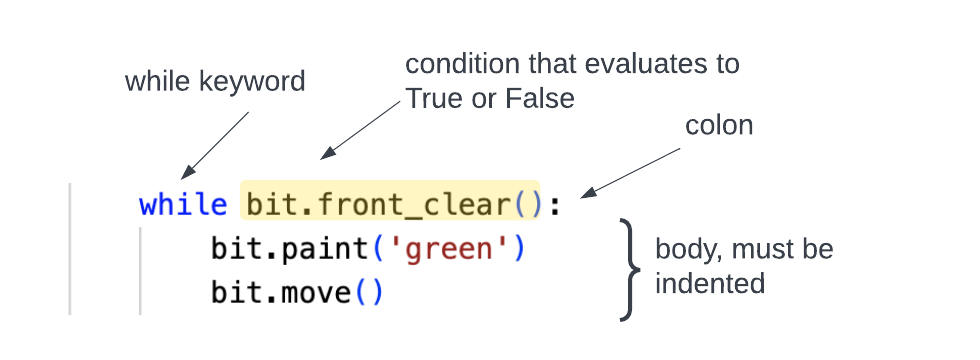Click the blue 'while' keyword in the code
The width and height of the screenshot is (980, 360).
183,205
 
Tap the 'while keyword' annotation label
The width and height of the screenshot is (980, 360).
214,82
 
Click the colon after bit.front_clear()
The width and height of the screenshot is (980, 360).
555,206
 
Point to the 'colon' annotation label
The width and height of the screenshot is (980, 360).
719,125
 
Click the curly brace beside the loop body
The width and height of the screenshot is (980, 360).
629,268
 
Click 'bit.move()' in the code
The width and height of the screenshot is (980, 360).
297,293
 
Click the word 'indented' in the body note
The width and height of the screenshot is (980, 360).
709,283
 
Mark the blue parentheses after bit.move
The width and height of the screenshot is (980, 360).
369,293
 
